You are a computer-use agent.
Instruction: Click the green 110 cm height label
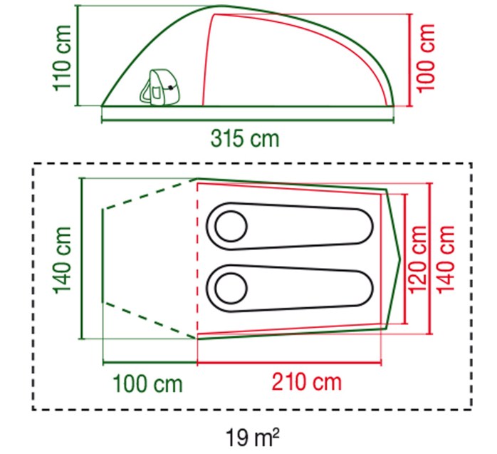[63, 58]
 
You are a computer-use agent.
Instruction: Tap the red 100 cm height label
[425, 58]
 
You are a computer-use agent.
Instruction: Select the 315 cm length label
[245, 139]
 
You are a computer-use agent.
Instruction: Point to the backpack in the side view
[159, 87]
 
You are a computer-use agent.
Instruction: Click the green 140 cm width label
[63, 260]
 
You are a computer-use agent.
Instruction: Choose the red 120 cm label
[418, 259]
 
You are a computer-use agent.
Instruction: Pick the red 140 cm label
[445, 259]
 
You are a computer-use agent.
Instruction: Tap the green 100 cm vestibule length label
[147, 383]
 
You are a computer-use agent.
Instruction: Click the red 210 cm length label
[307, 382]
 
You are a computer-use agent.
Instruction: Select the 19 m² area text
[253, 438]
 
